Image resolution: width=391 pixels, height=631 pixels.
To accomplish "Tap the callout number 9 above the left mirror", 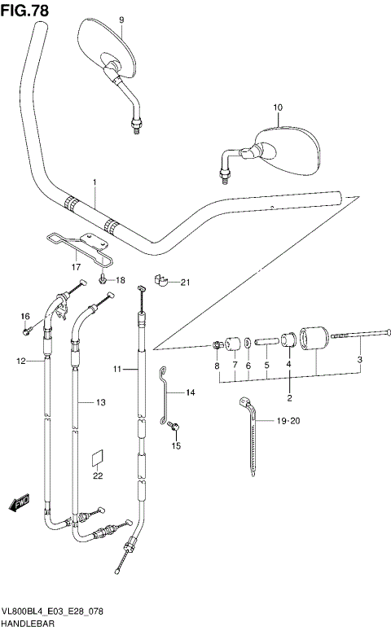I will pos(121,20).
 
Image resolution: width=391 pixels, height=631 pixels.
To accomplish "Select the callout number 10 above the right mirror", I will pos(278,107).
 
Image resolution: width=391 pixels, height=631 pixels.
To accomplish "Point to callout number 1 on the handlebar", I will pos(94,182).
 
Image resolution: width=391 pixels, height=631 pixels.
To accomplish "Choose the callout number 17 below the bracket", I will pos(76,266).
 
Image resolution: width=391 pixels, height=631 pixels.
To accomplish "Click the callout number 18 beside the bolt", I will pos(121,281).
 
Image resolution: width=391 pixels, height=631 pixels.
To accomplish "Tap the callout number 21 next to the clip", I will pos(184,283).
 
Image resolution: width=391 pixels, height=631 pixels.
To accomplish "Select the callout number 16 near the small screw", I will pos(24,317).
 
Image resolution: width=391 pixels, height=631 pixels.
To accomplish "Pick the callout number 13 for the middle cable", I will pos(101,402).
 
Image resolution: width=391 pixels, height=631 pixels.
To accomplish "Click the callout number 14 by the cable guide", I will pos(190,393).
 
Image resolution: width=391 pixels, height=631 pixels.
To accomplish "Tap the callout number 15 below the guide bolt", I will pos(175,446).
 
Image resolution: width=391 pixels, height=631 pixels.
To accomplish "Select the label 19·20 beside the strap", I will pos(289,420).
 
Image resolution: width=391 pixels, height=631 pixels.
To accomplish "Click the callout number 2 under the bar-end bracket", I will pos(288,397).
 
